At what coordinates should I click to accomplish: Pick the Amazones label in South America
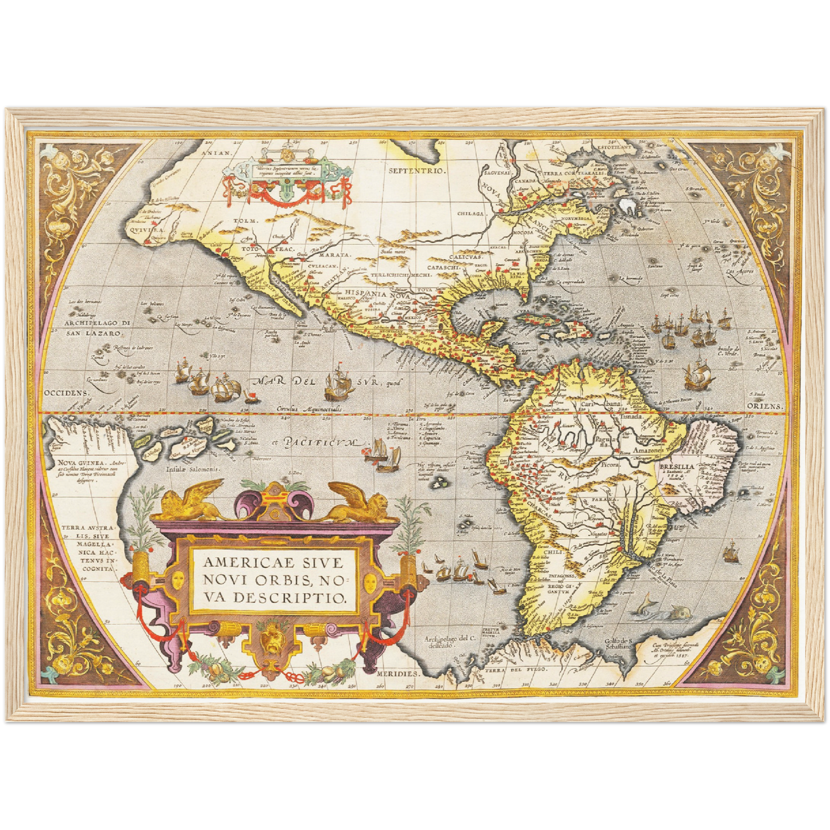(647, 451)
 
